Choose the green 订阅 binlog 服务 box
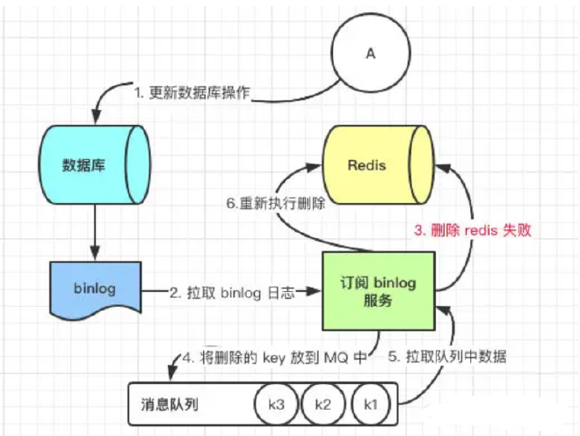click(379, 290)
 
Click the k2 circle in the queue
click(322, 405)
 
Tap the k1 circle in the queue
click(370, 405)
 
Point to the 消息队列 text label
click(170, 405)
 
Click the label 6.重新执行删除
click(272, 204)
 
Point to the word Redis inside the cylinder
click(366, 165)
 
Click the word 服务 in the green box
click(379, 300)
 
